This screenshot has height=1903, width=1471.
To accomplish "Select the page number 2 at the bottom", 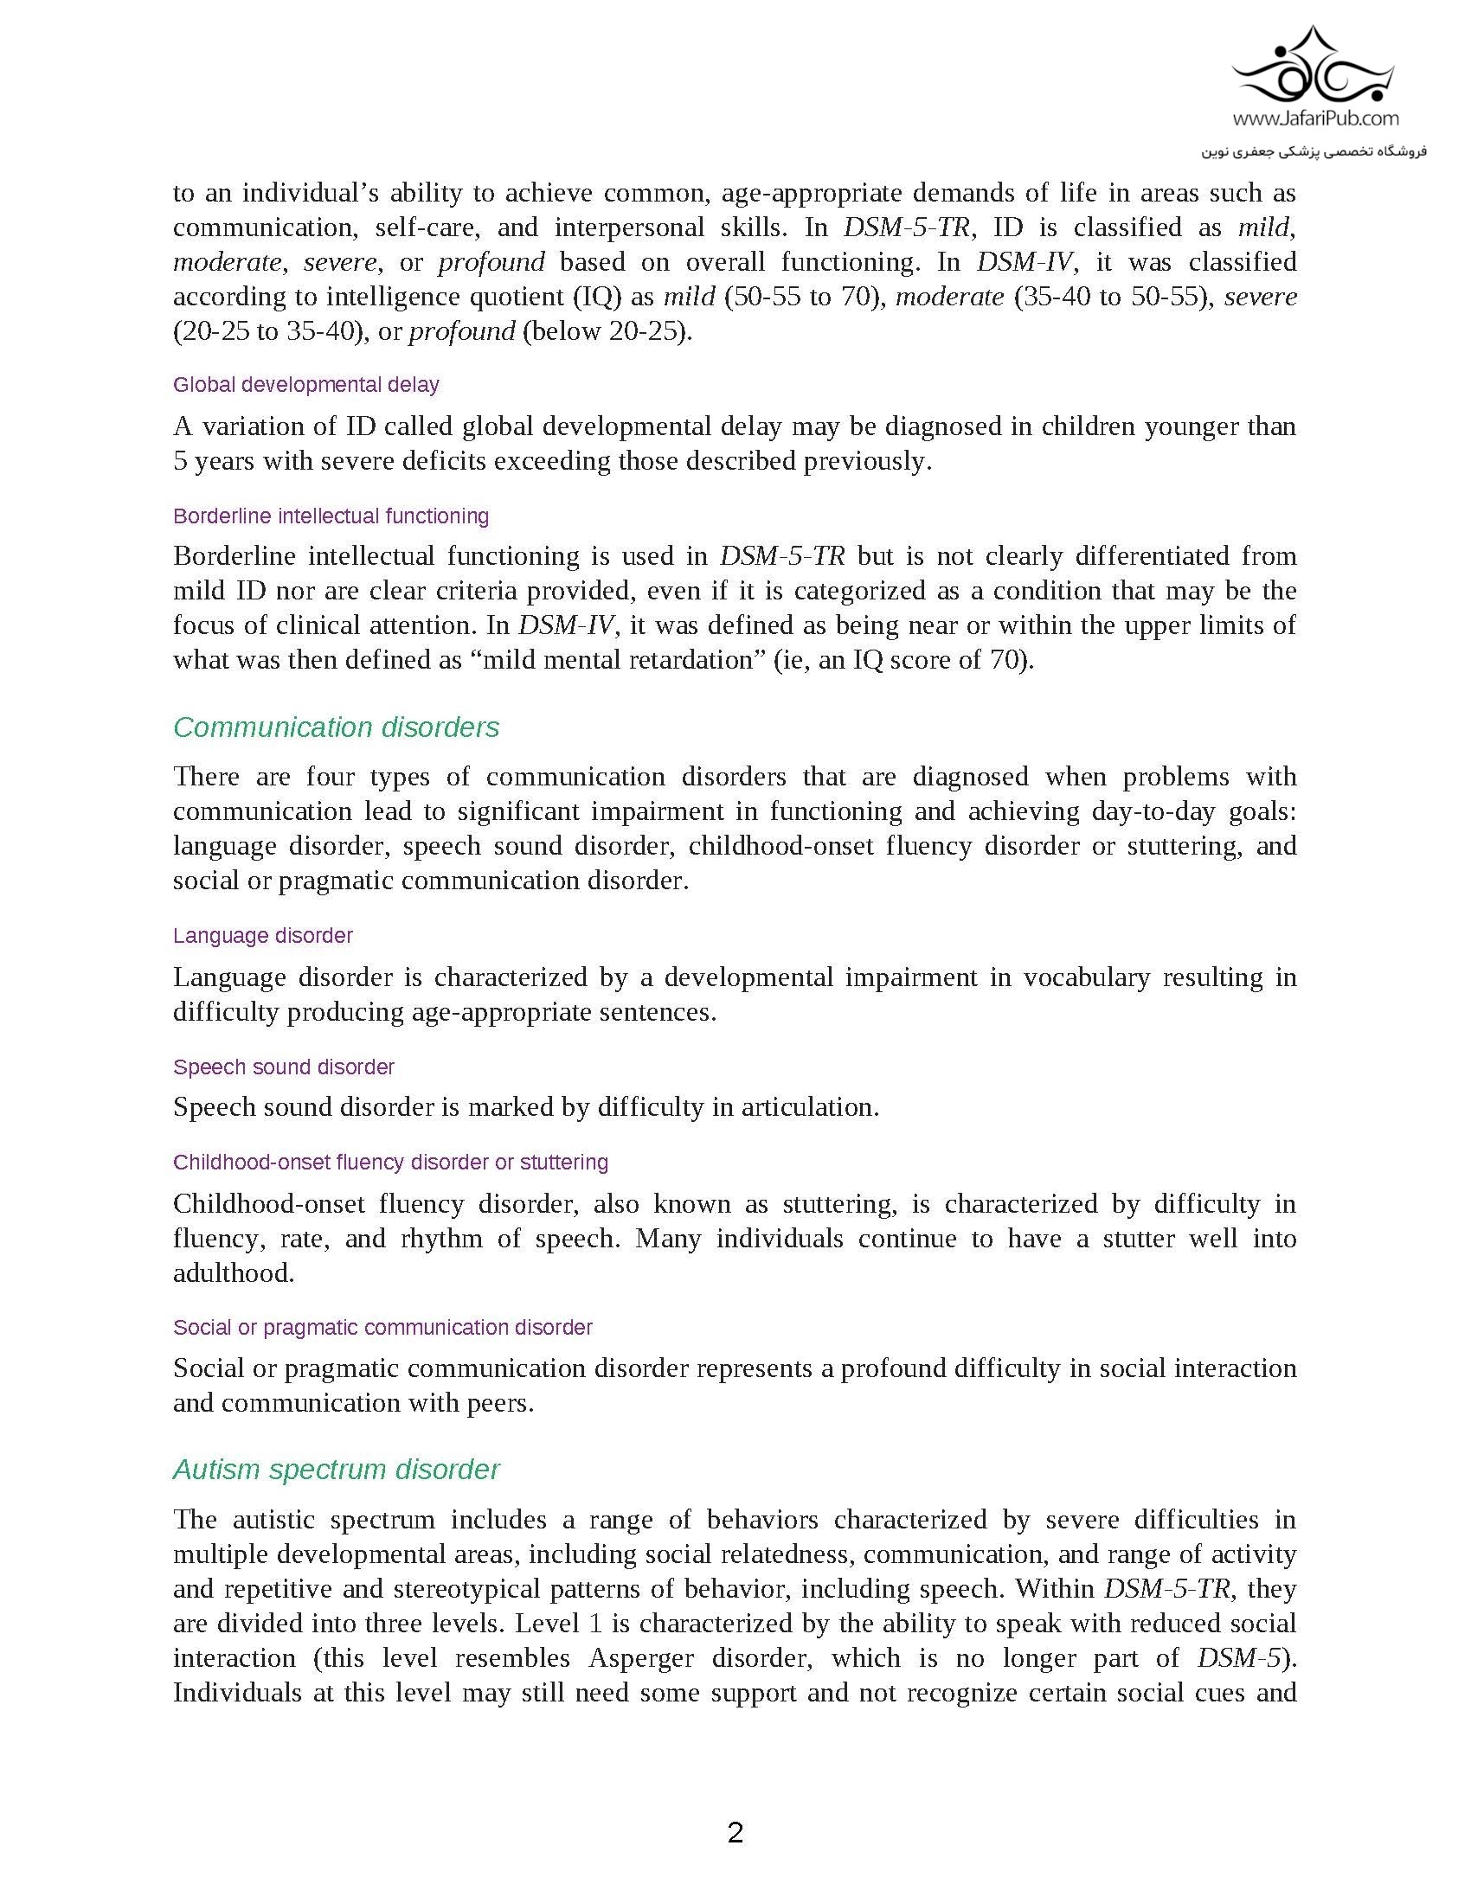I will [735, 1832].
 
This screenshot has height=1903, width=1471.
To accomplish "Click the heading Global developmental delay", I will [305, 384].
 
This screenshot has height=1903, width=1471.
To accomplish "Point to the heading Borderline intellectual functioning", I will [331, 516].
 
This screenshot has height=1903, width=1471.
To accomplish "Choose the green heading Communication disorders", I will [337, 727].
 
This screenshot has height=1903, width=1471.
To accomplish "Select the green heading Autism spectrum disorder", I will [337, 1469].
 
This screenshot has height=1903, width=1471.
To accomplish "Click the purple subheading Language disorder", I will [262, 935].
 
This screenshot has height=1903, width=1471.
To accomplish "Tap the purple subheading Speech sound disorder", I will [283, 1067].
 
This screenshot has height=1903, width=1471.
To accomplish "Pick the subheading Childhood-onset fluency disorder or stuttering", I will [390, 1162].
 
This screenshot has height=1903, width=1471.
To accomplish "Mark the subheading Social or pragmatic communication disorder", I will [382, 1327].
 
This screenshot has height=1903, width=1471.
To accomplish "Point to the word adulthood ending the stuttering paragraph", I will [232, 1273].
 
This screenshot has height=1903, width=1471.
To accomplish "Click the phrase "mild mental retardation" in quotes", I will [618, 660].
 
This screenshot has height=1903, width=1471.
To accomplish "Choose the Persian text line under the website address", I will [1314, 151].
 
